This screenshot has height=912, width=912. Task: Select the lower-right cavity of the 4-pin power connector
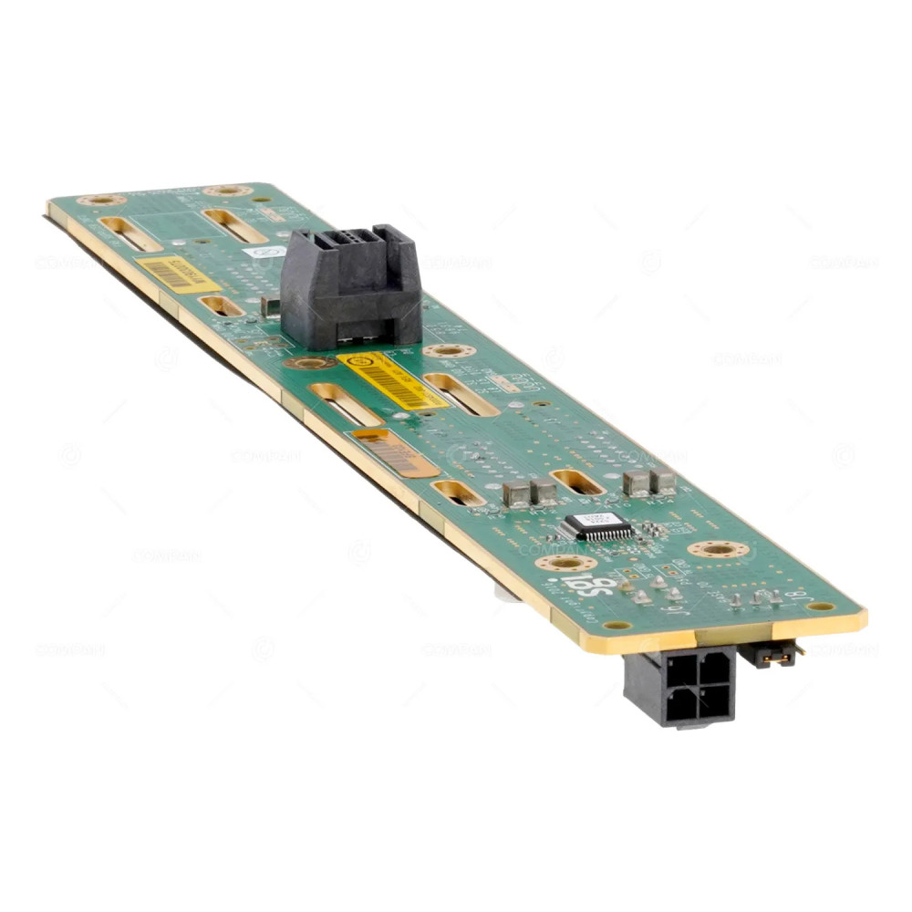[715, 703]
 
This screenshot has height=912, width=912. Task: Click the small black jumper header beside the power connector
[771, 653]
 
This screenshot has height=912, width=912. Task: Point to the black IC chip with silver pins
[597, 527]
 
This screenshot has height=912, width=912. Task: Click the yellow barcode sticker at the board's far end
[176, 274]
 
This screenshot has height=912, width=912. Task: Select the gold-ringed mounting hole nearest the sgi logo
[565, 563]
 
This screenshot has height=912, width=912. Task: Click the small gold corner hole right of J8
[821, 606]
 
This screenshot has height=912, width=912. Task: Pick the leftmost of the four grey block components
[516, 494]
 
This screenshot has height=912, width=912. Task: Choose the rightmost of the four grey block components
[664, 482]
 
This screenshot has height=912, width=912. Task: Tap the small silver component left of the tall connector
[270, 306]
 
